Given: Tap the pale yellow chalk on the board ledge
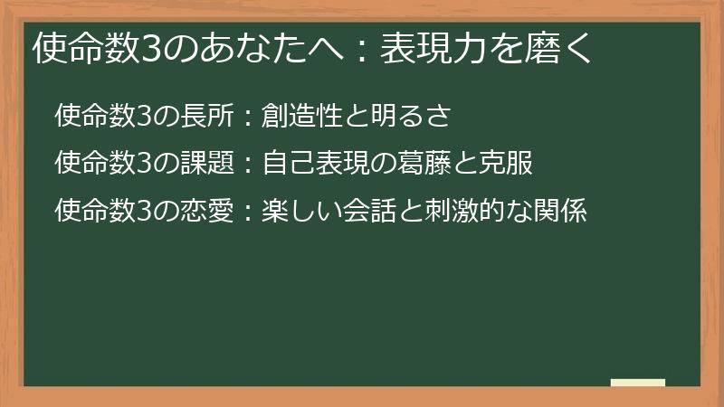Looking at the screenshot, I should click(638, 382).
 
